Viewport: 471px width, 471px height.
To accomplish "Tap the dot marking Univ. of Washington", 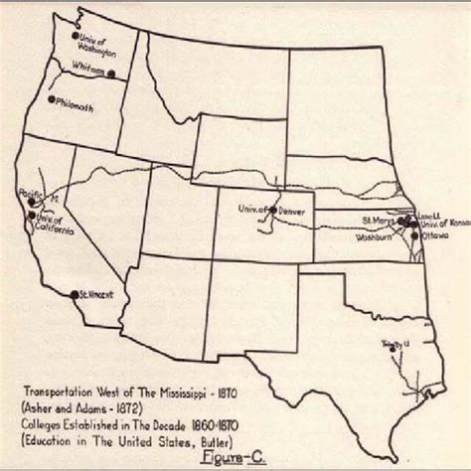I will coord(76,37).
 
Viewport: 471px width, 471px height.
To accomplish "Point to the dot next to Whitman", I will coord(111,74).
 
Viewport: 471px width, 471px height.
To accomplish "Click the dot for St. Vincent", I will coord(75,294).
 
